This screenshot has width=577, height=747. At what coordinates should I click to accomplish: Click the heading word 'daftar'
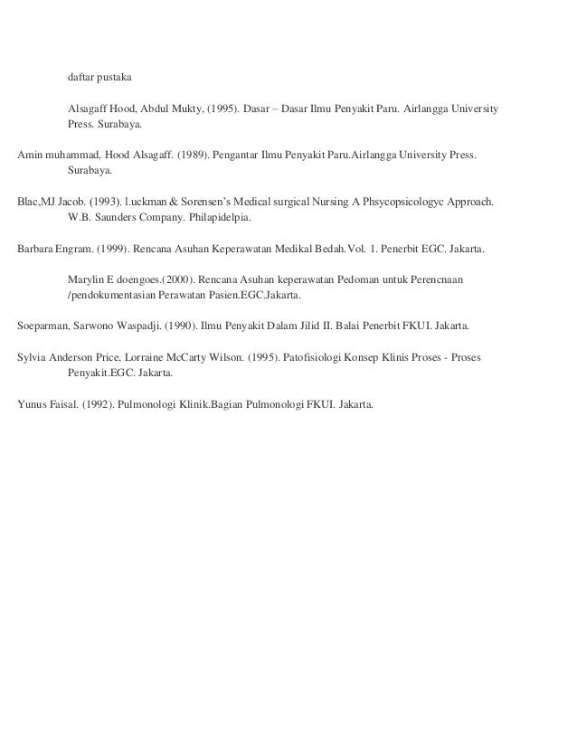tap(80, 75)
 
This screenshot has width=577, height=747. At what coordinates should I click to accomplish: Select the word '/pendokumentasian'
tap(113, 296)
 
